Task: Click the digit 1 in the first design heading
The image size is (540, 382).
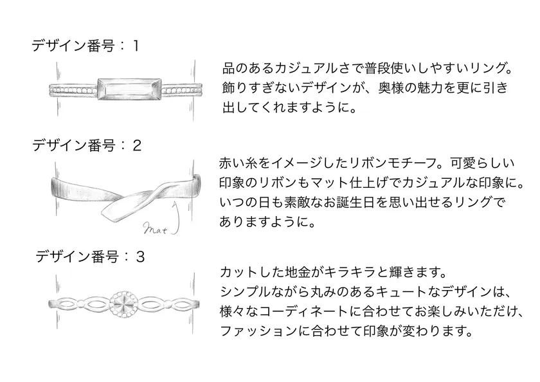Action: (136, 46)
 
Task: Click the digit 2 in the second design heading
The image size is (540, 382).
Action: (137, 146)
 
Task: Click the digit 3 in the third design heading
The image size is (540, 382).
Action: (140, 257)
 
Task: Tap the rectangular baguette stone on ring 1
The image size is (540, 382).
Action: (129, 89)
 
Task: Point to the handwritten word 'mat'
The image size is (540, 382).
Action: (155, 229)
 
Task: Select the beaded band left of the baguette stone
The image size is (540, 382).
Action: (73, 91)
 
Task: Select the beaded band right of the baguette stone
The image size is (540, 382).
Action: (181, 91)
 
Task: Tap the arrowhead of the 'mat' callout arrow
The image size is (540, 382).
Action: (175, 205)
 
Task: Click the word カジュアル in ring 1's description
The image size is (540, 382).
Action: (306, 68)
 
